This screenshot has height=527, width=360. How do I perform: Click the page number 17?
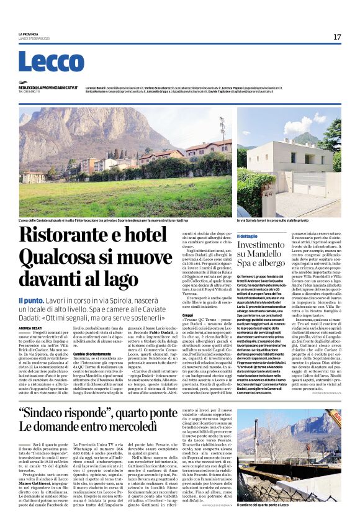point(337,37)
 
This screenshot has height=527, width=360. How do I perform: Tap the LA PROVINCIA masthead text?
point(29,34)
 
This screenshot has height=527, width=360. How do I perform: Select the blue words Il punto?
point(30,300)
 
